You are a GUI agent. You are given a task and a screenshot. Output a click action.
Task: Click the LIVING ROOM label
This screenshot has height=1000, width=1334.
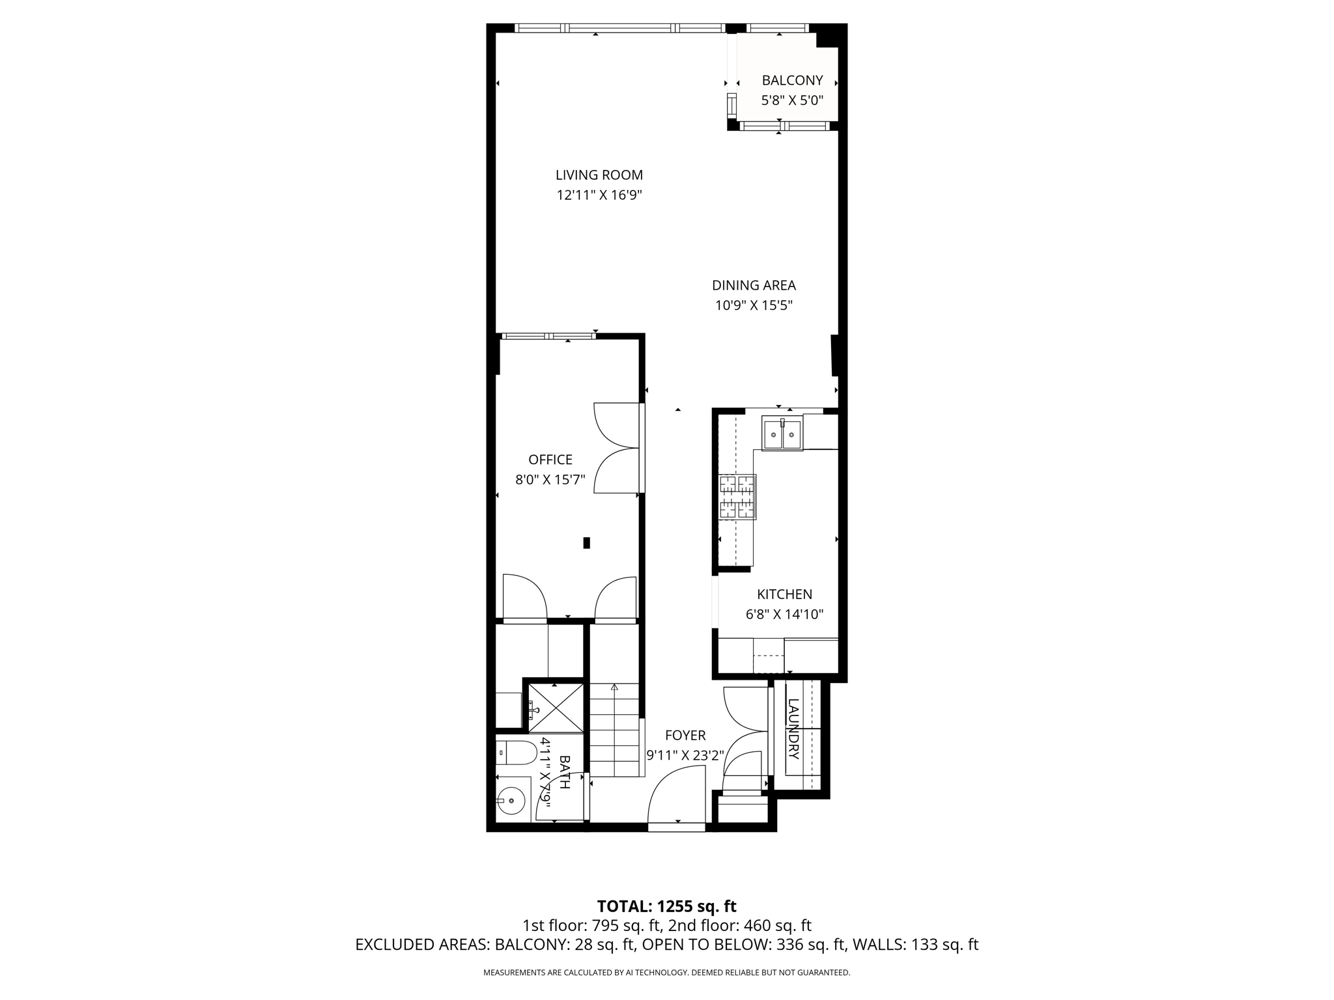(x=599, y=174)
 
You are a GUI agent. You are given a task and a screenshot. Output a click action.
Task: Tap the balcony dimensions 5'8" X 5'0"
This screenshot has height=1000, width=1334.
(x=792, y=101)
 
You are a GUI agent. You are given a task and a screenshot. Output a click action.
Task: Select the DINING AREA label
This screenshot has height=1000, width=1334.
(x=754, y=285)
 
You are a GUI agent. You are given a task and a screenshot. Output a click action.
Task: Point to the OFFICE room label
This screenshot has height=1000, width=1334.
(x=550, y=460)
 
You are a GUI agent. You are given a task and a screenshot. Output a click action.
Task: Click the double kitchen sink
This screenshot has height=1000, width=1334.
(x=782, y=434)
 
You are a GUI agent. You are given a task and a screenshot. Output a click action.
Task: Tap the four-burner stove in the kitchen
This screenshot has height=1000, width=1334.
(x=737, y=497)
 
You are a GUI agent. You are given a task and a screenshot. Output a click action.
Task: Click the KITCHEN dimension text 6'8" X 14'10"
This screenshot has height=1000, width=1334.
(x=784, y=614)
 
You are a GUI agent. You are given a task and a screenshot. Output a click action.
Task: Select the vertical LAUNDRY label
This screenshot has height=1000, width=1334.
(x=793, y=729)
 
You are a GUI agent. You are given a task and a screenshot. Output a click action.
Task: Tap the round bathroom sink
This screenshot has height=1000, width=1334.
(x=512, y=800)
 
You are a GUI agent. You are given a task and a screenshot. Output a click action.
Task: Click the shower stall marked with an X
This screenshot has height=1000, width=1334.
(x=555, y=708)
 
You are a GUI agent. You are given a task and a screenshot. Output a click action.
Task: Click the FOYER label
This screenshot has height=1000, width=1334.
(x=685, y=736)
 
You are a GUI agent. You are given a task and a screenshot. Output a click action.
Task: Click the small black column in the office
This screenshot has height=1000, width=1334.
(x=586, y=542)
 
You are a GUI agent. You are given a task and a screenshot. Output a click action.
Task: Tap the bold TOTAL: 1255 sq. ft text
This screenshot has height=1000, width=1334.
(x=666, y=906)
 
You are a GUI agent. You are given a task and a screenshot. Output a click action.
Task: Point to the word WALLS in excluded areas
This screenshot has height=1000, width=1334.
(x=879, y=945)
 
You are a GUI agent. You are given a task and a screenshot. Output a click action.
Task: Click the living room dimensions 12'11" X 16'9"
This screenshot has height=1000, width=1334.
(x=599, y=195)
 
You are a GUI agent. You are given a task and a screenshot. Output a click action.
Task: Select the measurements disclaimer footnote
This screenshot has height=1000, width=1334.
(x=666, y=973)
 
